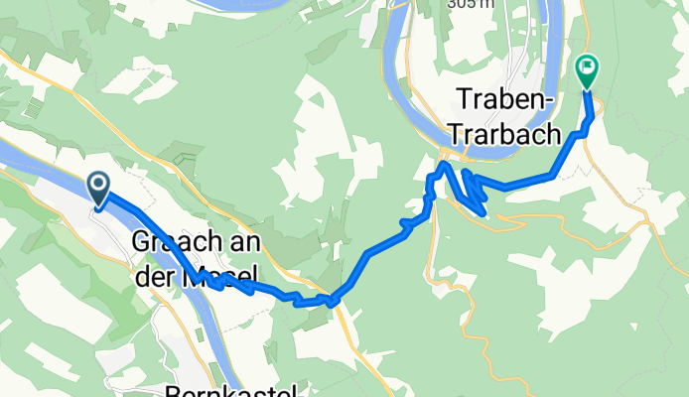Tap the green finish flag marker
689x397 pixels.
click(x=586, y=70)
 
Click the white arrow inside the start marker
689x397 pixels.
click(x=99, y=184)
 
